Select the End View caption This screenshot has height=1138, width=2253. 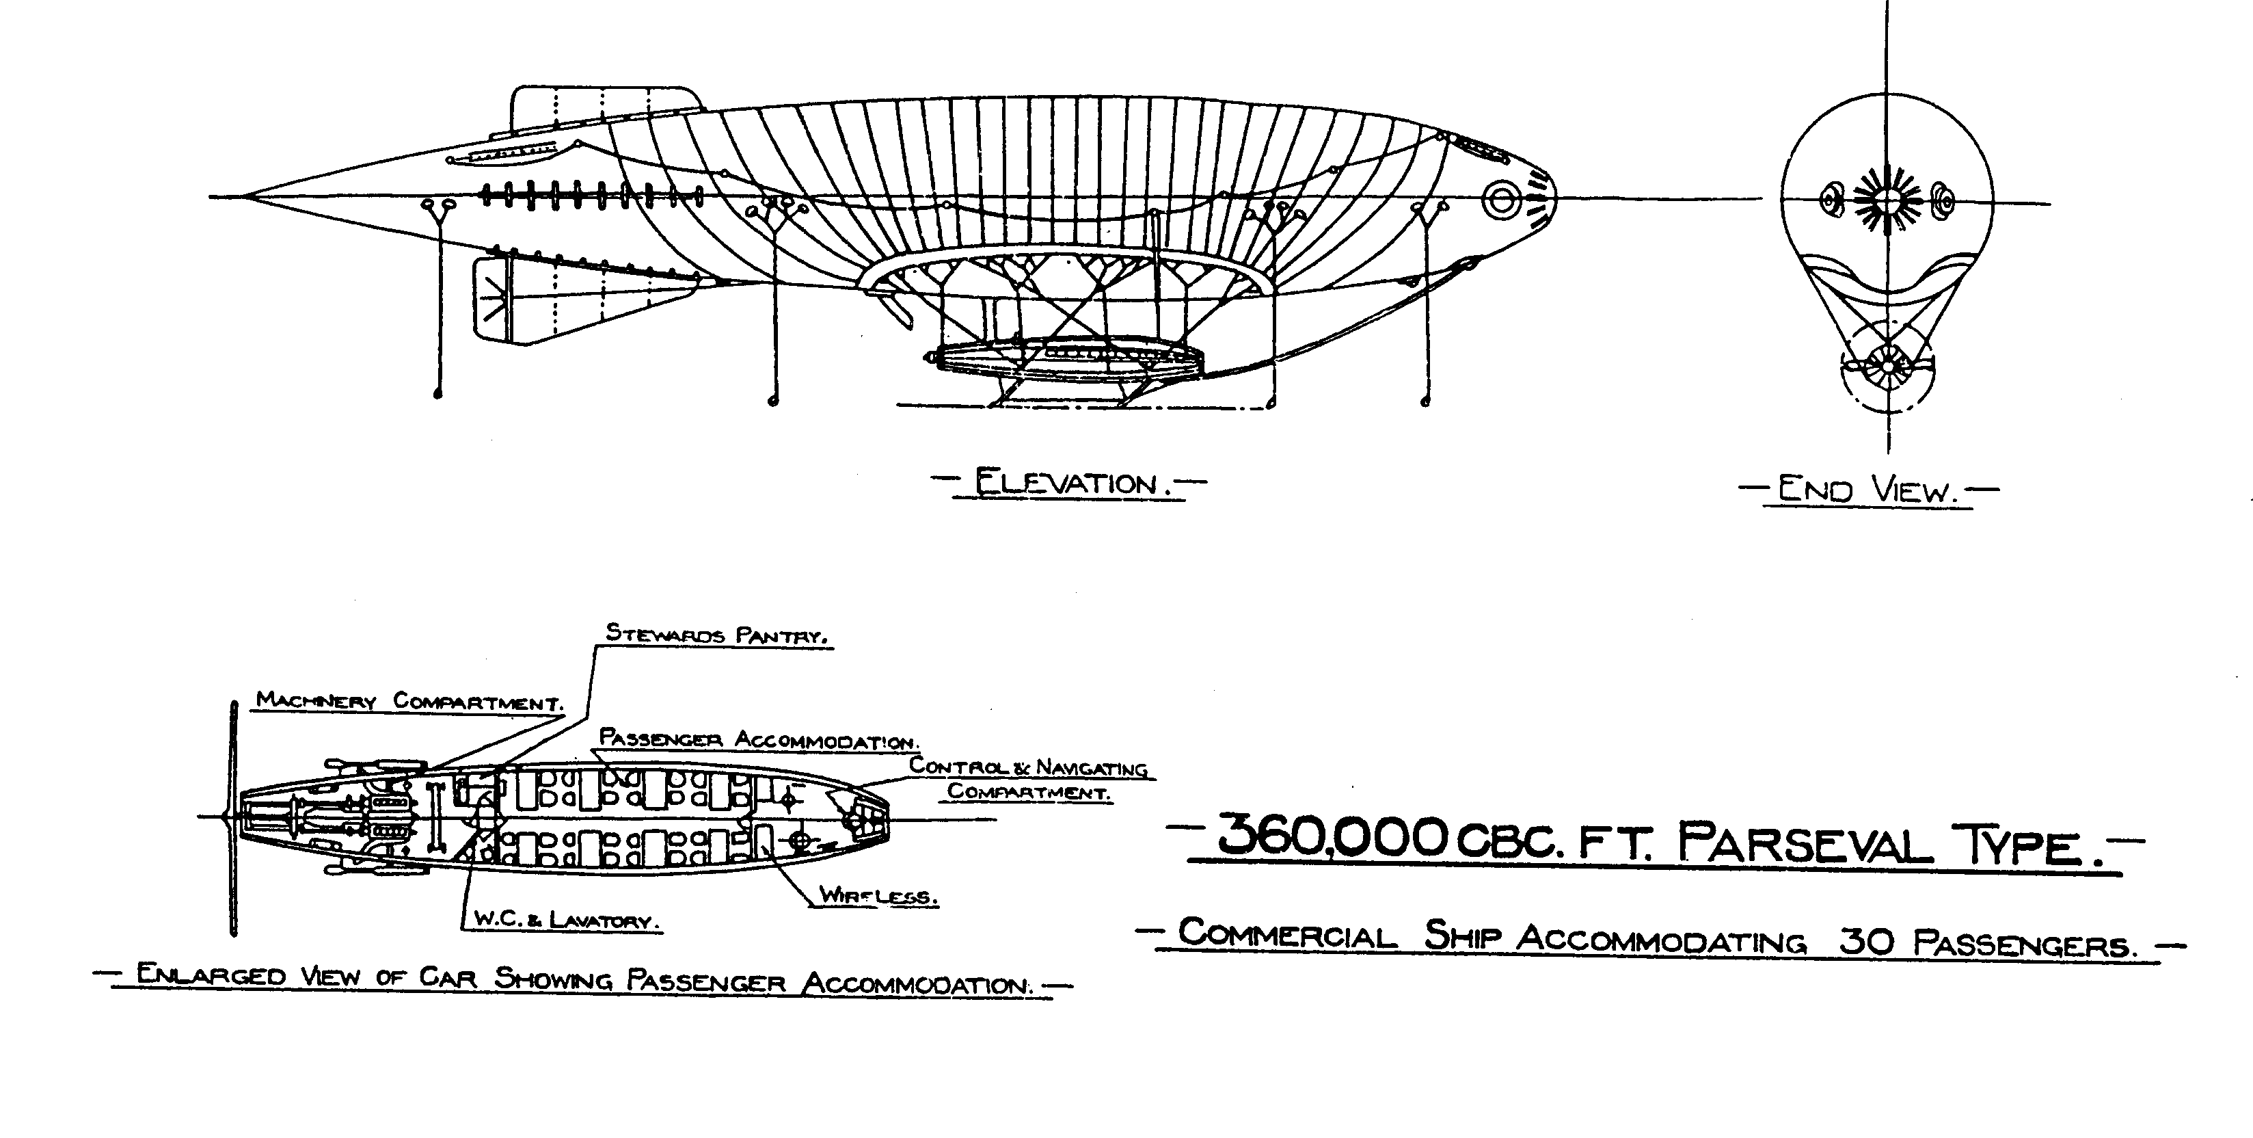(x=1867, y=490)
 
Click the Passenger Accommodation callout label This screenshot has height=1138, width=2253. (x=757, y=739)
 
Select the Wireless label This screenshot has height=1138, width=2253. (x=878, y=896)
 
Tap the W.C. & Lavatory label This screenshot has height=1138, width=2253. (x=565, y=921)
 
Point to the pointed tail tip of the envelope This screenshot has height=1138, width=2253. (x=247, y=197)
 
